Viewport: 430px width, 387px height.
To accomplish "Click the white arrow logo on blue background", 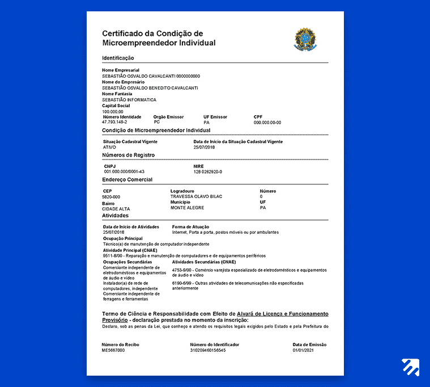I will coord(410,367).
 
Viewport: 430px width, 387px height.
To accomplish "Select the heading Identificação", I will coord(118,58).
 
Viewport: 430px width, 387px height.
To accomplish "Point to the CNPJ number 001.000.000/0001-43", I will coord(124,171).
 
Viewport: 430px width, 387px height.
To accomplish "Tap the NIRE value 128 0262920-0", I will coord(208,171).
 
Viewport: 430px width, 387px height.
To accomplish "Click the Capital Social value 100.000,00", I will coord(113,111).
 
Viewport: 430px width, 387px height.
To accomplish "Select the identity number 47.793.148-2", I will coord(114,122).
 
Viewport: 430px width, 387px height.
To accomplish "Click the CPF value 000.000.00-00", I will coord(267,122).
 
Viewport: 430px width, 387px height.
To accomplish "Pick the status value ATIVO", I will coord(109,147).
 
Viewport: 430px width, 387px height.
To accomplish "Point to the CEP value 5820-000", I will coord(112,196).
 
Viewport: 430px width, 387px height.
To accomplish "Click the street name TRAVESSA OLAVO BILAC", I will coord(196,196).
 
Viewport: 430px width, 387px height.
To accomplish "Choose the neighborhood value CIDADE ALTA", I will coord(116,209).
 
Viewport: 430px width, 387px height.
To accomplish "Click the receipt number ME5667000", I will coord(113,350).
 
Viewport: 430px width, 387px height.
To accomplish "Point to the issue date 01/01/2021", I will coord(303,350).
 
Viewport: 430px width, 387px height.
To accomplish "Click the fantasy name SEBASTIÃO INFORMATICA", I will coord(129,100).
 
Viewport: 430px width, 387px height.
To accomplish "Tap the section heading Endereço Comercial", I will coord(127,179).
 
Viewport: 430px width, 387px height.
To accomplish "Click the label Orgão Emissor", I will coord(168,117).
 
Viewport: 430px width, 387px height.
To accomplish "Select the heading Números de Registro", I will coord(129,155).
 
